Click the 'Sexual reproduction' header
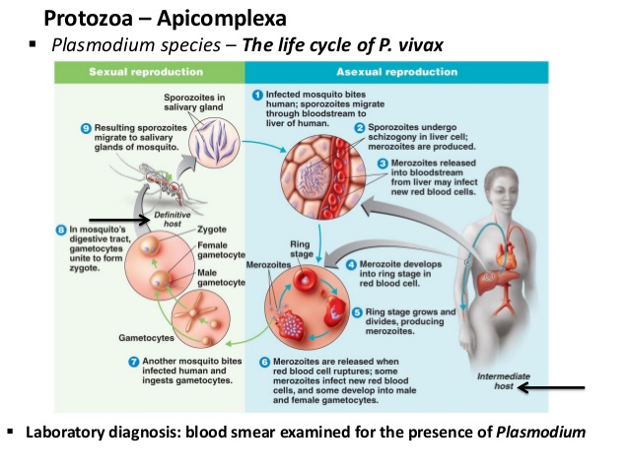click(146, 72)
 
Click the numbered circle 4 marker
click(352, 264)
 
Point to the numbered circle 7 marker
click(134, 362)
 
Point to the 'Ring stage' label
click(301, 247)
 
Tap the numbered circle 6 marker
click(263, 362)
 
